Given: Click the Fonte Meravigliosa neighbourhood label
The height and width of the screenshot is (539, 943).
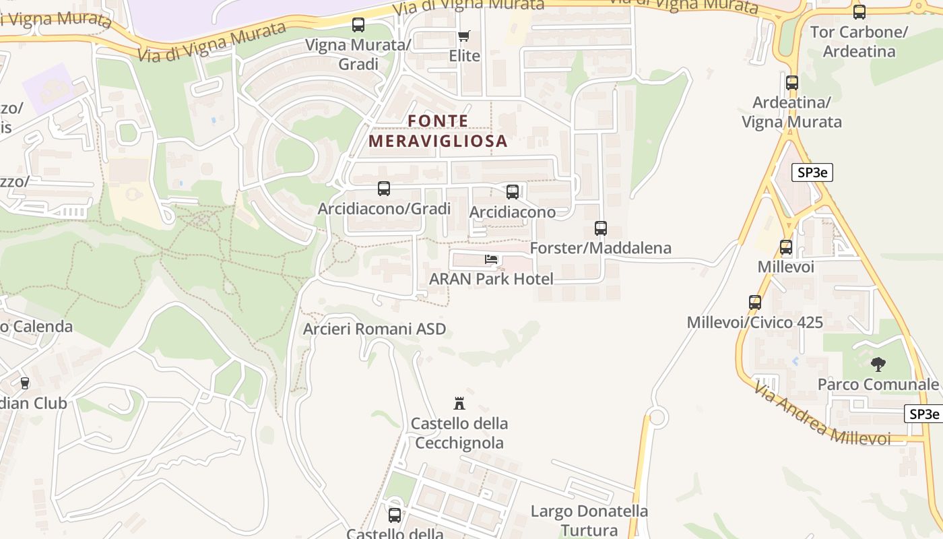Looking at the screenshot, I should click(x=437, y=131).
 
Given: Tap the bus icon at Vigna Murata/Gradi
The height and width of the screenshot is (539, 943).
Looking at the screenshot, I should click(x=358, y=26).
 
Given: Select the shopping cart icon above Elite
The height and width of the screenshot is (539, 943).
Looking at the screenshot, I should click(x=464, y=36).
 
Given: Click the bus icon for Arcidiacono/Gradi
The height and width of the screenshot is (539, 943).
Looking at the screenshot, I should click(x=384, y=189).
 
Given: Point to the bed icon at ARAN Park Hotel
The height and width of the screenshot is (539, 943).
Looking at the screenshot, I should click(x=492, y=259).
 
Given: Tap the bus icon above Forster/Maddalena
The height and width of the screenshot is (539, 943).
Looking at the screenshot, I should click(x=601, y=228).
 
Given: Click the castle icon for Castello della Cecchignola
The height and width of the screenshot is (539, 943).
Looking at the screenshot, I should click(x=459, y=404).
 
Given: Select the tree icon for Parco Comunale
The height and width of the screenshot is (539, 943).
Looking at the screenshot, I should click(x=878, y=364).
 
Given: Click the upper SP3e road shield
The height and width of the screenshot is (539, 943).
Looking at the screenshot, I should click(x=812, y=172).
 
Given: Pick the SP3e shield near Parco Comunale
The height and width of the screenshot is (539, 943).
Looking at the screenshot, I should click(x=923, y=414).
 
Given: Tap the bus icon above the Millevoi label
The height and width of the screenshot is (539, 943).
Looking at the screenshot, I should click(x=786, y=247).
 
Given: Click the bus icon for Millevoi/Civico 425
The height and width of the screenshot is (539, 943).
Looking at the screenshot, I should click(x=755, y=303).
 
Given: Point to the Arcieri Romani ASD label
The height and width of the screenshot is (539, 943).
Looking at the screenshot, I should click(x=375, y=329).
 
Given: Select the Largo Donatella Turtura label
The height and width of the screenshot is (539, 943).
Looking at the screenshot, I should click(x=589, y=521).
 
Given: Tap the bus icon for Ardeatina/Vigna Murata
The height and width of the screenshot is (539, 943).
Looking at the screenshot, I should click(x=792, y=83).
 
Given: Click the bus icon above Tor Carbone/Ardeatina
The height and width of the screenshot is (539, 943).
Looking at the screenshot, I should click(x=859, y=11).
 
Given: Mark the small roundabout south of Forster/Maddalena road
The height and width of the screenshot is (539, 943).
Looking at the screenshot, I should click(x=657, y=418).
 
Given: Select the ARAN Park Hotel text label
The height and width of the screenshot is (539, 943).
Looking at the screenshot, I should click(x=491, y=279).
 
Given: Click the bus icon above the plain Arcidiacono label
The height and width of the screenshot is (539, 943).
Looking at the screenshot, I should click(x=513, y=192).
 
